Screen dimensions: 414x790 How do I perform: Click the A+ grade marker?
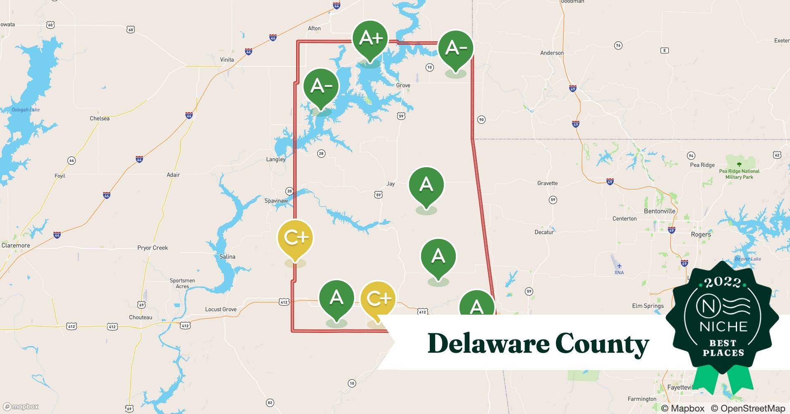tap(370, 39)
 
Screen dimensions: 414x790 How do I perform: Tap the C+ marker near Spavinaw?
tap(295, 238)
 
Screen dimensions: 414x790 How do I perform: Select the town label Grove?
tap(403, 86)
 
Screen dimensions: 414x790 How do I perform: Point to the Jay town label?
tap(390, 184)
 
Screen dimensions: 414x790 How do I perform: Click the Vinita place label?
tap(227, 60)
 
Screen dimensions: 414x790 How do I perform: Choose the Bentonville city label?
tap(659, 211)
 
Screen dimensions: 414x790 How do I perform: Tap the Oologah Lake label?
tap(26, 110)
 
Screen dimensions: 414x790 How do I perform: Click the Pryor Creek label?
tap(153, 248)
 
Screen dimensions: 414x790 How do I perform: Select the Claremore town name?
tap(16, 246)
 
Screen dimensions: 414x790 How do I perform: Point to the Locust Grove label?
tap(221, 309)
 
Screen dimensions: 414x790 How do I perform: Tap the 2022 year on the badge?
tap(723, 282)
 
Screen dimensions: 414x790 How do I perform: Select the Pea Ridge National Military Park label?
tap(739, 174)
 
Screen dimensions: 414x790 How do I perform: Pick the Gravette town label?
tap(547, 183)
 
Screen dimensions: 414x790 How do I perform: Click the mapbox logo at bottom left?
tap(21, 407)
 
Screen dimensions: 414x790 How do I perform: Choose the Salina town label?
tap(227, 257)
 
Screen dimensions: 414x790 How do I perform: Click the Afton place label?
tap(314, 29)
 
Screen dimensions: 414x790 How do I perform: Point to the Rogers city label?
tap(701, 234)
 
